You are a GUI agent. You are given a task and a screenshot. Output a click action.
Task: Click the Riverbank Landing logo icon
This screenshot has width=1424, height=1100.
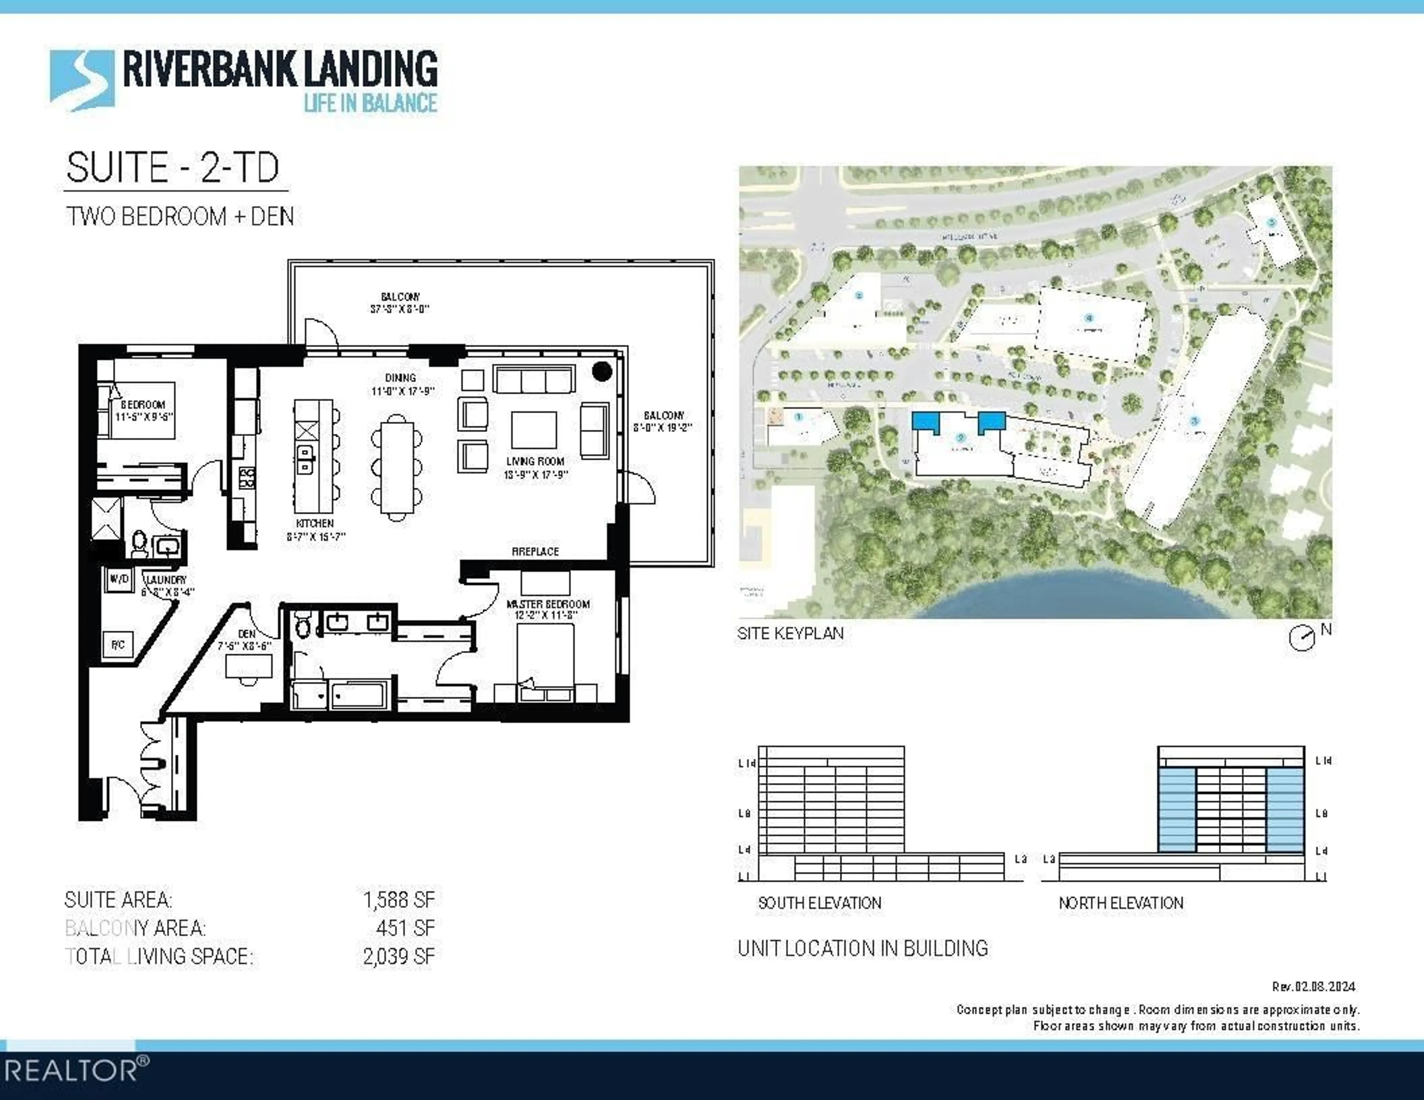82,80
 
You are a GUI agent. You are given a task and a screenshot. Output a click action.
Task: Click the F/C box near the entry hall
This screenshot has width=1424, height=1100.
118,645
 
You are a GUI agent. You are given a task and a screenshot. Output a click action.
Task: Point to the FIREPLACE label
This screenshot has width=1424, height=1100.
535,552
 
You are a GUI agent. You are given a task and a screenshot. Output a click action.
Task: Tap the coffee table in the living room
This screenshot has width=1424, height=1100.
534,430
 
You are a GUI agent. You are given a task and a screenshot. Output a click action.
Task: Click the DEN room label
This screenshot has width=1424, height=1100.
247,634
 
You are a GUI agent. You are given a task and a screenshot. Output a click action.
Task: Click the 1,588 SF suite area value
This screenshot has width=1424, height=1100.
398,900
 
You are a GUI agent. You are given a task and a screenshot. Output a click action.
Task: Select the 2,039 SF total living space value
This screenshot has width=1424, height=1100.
398,957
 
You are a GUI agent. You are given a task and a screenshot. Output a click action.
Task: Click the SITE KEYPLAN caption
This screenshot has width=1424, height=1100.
790,633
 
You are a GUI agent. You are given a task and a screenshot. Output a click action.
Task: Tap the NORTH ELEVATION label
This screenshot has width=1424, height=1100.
1121,903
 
